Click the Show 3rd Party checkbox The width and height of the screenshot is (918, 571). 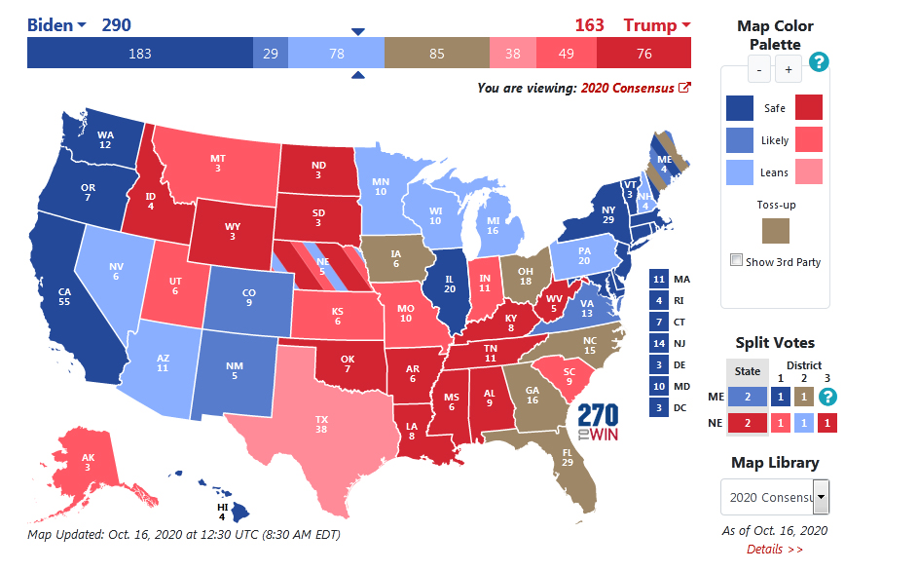click(737, 261)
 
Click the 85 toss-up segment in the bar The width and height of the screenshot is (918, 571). click(436, 54)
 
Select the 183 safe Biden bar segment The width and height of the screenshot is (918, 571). click(139, 54)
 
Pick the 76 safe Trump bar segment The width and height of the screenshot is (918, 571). click(643, 54)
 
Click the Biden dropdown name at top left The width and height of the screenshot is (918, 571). click(56, 25)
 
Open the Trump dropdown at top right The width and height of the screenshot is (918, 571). click(657, 25)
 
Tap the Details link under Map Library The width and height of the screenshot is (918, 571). click(775, 550)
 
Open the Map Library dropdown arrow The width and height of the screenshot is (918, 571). click(822, 497)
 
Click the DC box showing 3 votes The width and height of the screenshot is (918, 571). click(658, 408)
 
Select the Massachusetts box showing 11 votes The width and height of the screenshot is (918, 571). click(658, 280)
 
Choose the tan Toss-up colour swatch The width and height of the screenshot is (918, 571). click(776, 230)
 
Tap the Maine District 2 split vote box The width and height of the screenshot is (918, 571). click(802, 397)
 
